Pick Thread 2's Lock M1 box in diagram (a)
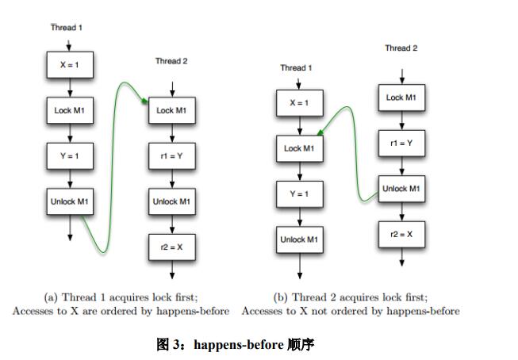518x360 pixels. (171, 110)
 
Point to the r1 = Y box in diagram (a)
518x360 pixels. (171, 156)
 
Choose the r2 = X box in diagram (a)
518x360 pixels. (171, 247)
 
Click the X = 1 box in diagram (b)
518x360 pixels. (299, 103)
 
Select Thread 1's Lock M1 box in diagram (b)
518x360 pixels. (299, 148)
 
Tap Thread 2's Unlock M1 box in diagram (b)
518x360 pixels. (401, 189)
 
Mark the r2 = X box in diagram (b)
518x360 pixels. (401, 234)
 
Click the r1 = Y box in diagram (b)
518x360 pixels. (401, 144)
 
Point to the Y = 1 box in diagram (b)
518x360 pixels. (299, 193)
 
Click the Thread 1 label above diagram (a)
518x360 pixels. (67, 28)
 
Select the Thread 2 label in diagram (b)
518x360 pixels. (401, 48)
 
